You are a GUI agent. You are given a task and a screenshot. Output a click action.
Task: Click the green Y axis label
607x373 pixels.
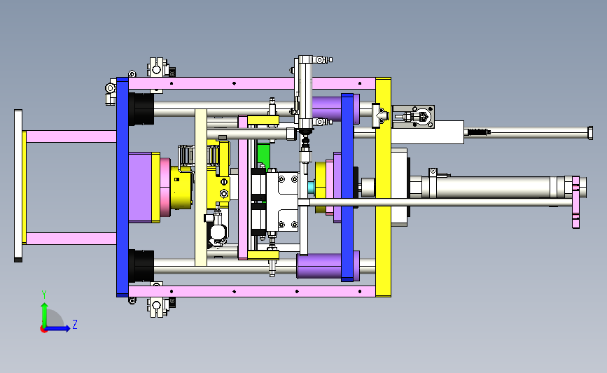click(x=44, y=295)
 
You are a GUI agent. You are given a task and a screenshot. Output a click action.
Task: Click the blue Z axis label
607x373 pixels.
click(x=75, y=324)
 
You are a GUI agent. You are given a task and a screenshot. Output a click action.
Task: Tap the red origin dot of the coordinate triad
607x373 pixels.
click(x=43, y=330)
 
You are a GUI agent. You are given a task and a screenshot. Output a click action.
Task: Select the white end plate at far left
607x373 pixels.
click(x=18, y=185)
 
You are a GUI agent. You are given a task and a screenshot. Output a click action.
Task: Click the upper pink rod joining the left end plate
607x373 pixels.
click(x=71, y=136)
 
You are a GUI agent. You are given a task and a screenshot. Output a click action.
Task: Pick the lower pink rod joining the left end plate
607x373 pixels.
click(x=71, y=239)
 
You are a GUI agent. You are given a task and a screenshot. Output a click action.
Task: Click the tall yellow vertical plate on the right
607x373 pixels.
click(x=383, y=188)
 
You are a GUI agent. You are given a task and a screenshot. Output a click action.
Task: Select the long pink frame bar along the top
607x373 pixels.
click(x=251, y=83)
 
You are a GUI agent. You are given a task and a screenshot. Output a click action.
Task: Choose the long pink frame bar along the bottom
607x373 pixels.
click(x=251, y=291)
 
